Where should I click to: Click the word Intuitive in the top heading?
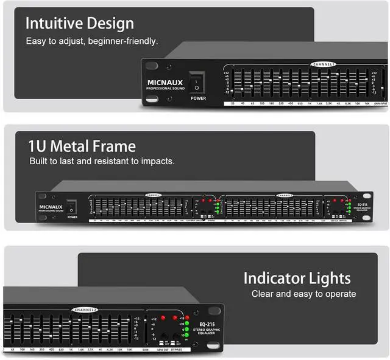pyautogui.click(x=53, y=24)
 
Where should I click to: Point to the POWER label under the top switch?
pyautogui.click(x=197, y=98)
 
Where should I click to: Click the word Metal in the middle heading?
pyautogui.click(x=72, y=147)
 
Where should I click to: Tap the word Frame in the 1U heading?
pyautogui.click(x=115, y=147)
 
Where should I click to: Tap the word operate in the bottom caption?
pyautogui.click(x=338, y=294)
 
